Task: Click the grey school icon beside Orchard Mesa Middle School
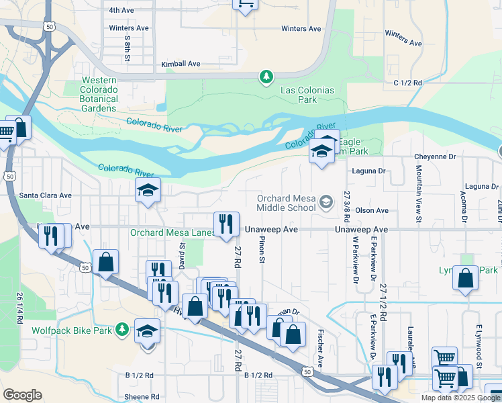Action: coord(326,201)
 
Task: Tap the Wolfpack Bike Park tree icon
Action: coord(121,329)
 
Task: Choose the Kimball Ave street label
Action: coord(181,64)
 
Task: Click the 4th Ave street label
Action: coord(121,10)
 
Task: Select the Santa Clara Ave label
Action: coord(45,195)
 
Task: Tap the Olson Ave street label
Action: coord(372,210)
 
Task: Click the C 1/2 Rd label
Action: coord(407,83)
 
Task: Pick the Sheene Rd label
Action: coord(142,397)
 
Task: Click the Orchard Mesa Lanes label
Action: coord(171,233)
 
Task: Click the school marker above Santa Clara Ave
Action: coord(148,190)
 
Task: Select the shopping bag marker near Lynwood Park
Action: coord(465,278)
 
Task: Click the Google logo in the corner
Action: coord(22,395)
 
